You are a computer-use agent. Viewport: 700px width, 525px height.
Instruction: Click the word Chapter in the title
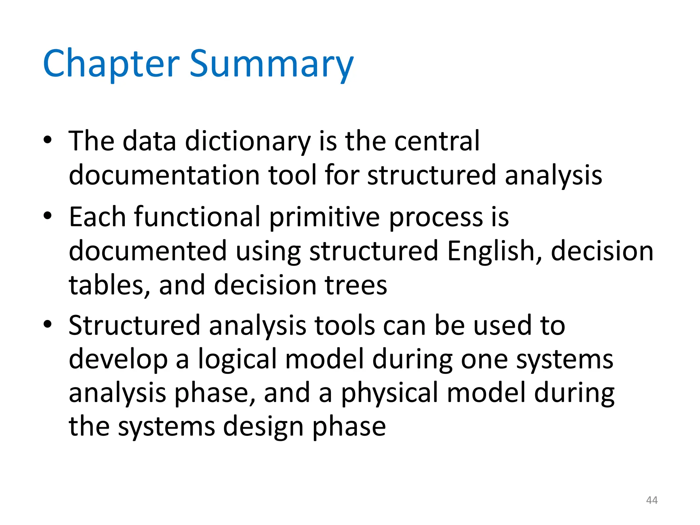tap(111, 64)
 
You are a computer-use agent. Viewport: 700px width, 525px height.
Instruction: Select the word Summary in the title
tap(271, 64)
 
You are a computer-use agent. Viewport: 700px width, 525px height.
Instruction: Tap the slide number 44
tap(652, 500)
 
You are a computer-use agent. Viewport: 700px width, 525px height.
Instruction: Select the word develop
tap(118, 360)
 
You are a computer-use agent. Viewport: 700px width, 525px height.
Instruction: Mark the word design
tap(263, 427)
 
